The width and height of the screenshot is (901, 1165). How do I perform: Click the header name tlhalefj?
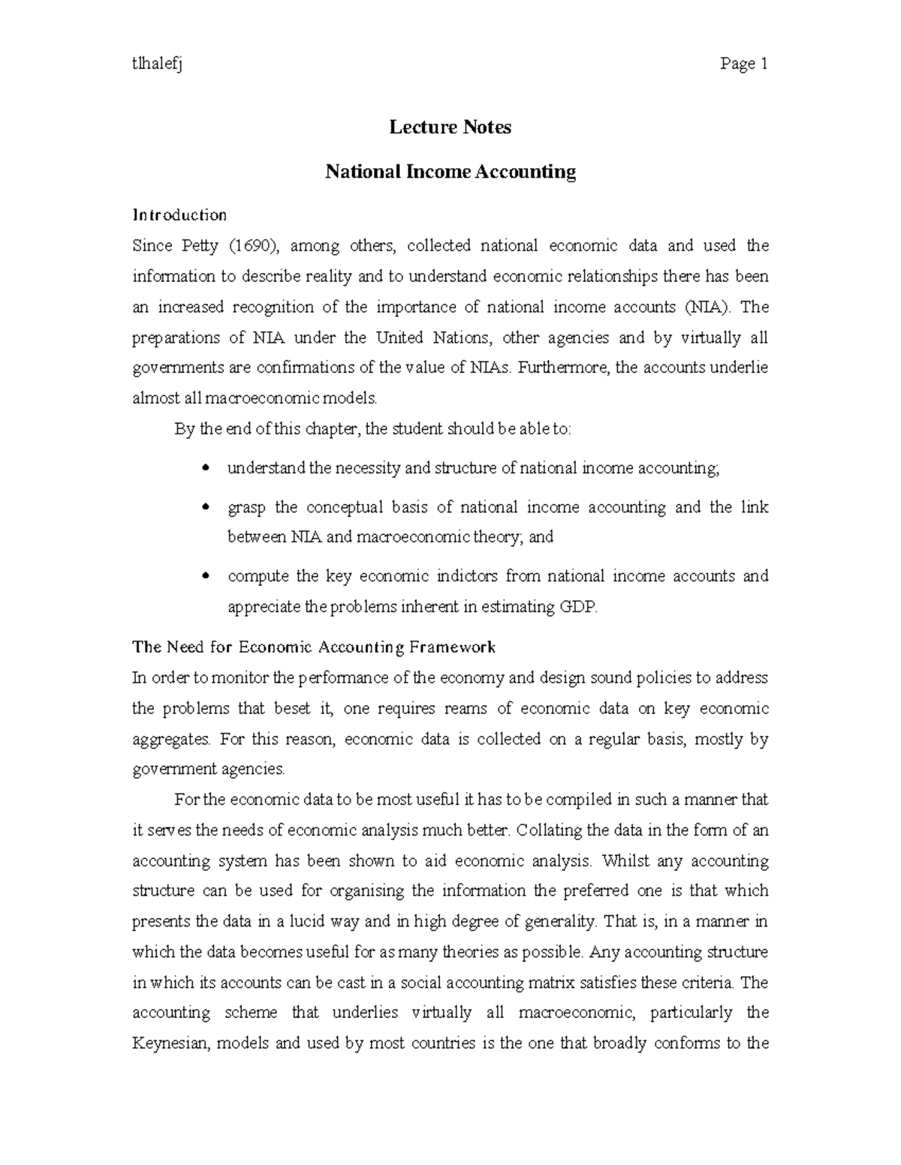coord(158,65)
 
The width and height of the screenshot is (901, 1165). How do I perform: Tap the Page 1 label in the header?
coord(743,65)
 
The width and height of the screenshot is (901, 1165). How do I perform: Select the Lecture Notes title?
coord(450,128)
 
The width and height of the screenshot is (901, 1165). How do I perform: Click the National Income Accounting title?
coord(450,172)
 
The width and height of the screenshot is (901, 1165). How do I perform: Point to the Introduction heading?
coord(179,215)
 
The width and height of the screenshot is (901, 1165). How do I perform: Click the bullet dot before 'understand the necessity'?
coord(206,469)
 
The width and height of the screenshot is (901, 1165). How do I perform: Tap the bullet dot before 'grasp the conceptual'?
coord(206,508)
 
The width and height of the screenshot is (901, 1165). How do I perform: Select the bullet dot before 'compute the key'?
coord(206,577)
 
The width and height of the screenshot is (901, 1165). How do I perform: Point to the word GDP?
coord(580,607)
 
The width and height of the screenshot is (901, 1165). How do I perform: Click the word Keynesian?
coord(168,1043)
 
